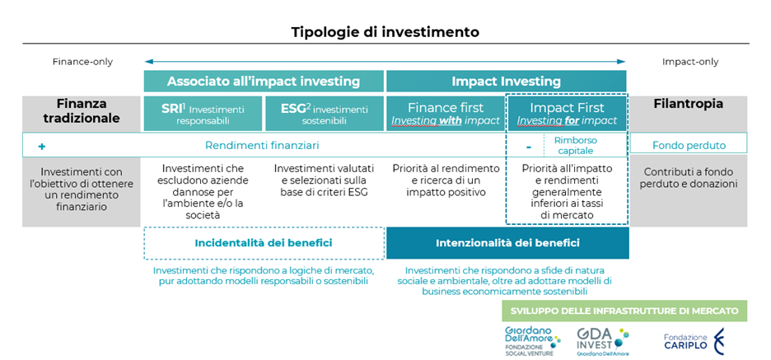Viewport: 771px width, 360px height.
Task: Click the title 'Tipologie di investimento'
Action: (x=385, y=32)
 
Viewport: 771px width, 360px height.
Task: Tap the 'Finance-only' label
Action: (x=82, y=62)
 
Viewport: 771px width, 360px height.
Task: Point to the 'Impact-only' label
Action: (x=690, y=62)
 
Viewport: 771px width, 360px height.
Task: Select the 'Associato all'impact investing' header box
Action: (x=264, y=82)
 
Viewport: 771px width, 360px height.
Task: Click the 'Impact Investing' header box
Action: (x=506, y=82)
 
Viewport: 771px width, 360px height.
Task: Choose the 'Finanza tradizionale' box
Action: (x=81, y=114)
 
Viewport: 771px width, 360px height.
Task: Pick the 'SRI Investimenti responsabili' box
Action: (x=203, y=114)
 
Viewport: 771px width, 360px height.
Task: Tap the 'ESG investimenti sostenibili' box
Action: (x=325, y=114)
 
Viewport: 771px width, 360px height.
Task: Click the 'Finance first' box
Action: (x=446, y=114)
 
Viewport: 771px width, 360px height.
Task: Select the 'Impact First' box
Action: (x=567, y=114)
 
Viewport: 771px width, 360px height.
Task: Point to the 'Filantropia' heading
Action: (x=689, y=105)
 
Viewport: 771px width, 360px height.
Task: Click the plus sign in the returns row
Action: (x=42, y=146)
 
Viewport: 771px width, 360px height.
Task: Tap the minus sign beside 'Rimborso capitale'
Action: (x=528, y=146)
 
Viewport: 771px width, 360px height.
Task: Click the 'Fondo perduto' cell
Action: (x=689, y=146)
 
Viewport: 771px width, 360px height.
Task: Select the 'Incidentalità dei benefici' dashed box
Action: (x=264, y=243)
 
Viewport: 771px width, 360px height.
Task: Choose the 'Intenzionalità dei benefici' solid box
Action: (x=507, y=243)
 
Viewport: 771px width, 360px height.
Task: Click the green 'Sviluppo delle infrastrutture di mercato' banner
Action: (x=624, y=311)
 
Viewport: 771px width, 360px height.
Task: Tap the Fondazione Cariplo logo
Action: (x=694, y=341)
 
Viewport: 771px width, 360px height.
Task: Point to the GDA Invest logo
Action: (x=603, y=341)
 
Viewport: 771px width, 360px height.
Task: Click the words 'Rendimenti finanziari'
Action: (x=262, y=146)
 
